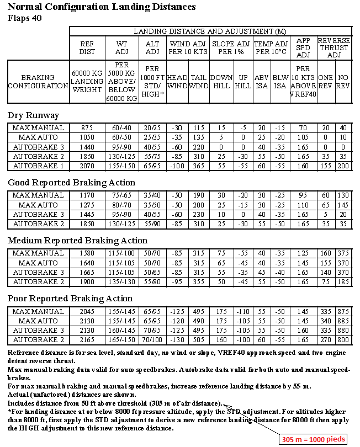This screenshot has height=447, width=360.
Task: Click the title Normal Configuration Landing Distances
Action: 102,7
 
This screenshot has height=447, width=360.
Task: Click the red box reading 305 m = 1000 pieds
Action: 314,439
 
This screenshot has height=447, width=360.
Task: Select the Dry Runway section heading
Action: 33,115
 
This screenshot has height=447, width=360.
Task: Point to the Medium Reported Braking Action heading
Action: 77,241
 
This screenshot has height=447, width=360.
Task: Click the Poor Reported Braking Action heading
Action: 70,299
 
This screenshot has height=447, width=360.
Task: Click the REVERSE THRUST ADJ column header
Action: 334,47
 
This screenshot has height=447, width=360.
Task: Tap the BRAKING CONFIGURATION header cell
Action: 38,82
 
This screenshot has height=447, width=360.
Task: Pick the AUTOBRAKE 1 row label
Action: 38,166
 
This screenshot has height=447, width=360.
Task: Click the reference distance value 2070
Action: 87,166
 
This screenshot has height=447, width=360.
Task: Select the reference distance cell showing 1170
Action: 87,195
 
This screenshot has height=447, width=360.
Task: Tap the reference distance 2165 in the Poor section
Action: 87,339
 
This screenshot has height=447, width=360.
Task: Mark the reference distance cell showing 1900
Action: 87,281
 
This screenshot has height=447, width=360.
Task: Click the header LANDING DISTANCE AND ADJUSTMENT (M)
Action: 210,31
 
